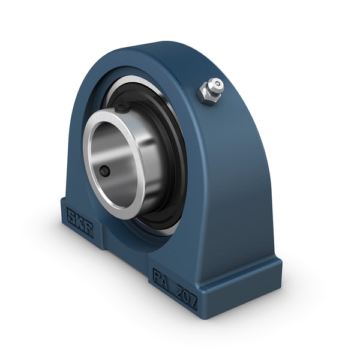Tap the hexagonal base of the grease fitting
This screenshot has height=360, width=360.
click(206, 95)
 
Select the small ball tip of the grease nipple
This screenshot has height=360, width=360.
click(218, 84)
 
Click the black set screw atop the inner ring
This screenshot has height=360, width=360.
click(122, 109)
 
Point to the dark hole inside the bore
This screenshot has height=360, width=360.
click(106, 172)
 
